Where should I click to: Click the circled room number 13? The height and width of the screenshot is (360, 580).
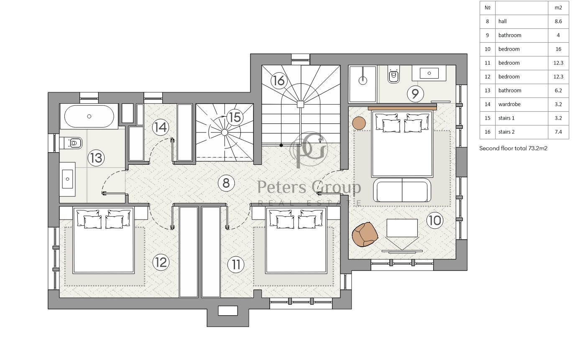[96, 158]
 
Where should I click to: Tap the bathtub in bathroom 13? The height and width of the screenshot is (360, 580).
[89, 117]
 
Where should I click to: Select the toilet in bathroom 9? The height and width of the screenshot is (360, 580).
[393, 74]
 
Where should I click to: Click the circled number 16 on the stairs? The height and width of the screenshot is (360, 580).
[279, 81]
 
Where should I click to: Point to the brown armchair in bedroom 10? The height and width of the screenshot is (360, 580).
[365, 234]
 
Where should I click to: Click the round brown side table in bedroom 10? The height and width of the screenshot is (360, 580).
[359, 123]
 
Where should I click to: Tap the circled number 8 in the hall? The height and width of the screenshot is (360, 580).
[226, 183]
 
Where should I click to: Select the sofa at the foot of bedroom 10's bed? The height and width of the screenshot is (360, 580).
[402, 190]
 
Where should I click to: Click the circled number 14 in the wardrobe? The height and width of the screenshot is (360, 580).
[161, 128]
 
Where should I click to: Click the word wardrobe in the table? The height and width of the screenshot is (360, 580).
[509, 104]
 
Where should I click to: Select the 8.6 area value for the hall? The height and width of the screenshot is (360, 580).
[558, 21]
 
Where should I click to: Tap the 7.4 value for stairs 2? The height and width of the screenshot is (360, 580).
[558, 132]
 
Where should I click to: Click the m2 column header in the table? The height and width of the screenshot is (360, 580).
[558, 8]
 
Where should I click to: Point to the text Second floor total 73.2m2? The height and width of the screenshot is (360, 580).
[513, 148]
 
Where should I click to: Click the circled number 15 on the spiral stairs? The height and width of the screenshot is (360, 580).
[235, 117]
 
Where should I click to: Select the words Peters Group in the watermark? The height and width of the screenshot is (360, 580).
[309, 187]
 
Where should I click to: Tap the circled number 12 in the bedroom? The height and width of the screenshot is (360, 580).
[161, 262]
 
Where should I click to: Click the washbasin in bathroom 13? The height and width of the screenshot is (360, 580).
[68, 179]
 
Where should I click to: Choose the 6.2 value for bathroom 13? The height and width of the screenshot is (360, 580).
[558, 91]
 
